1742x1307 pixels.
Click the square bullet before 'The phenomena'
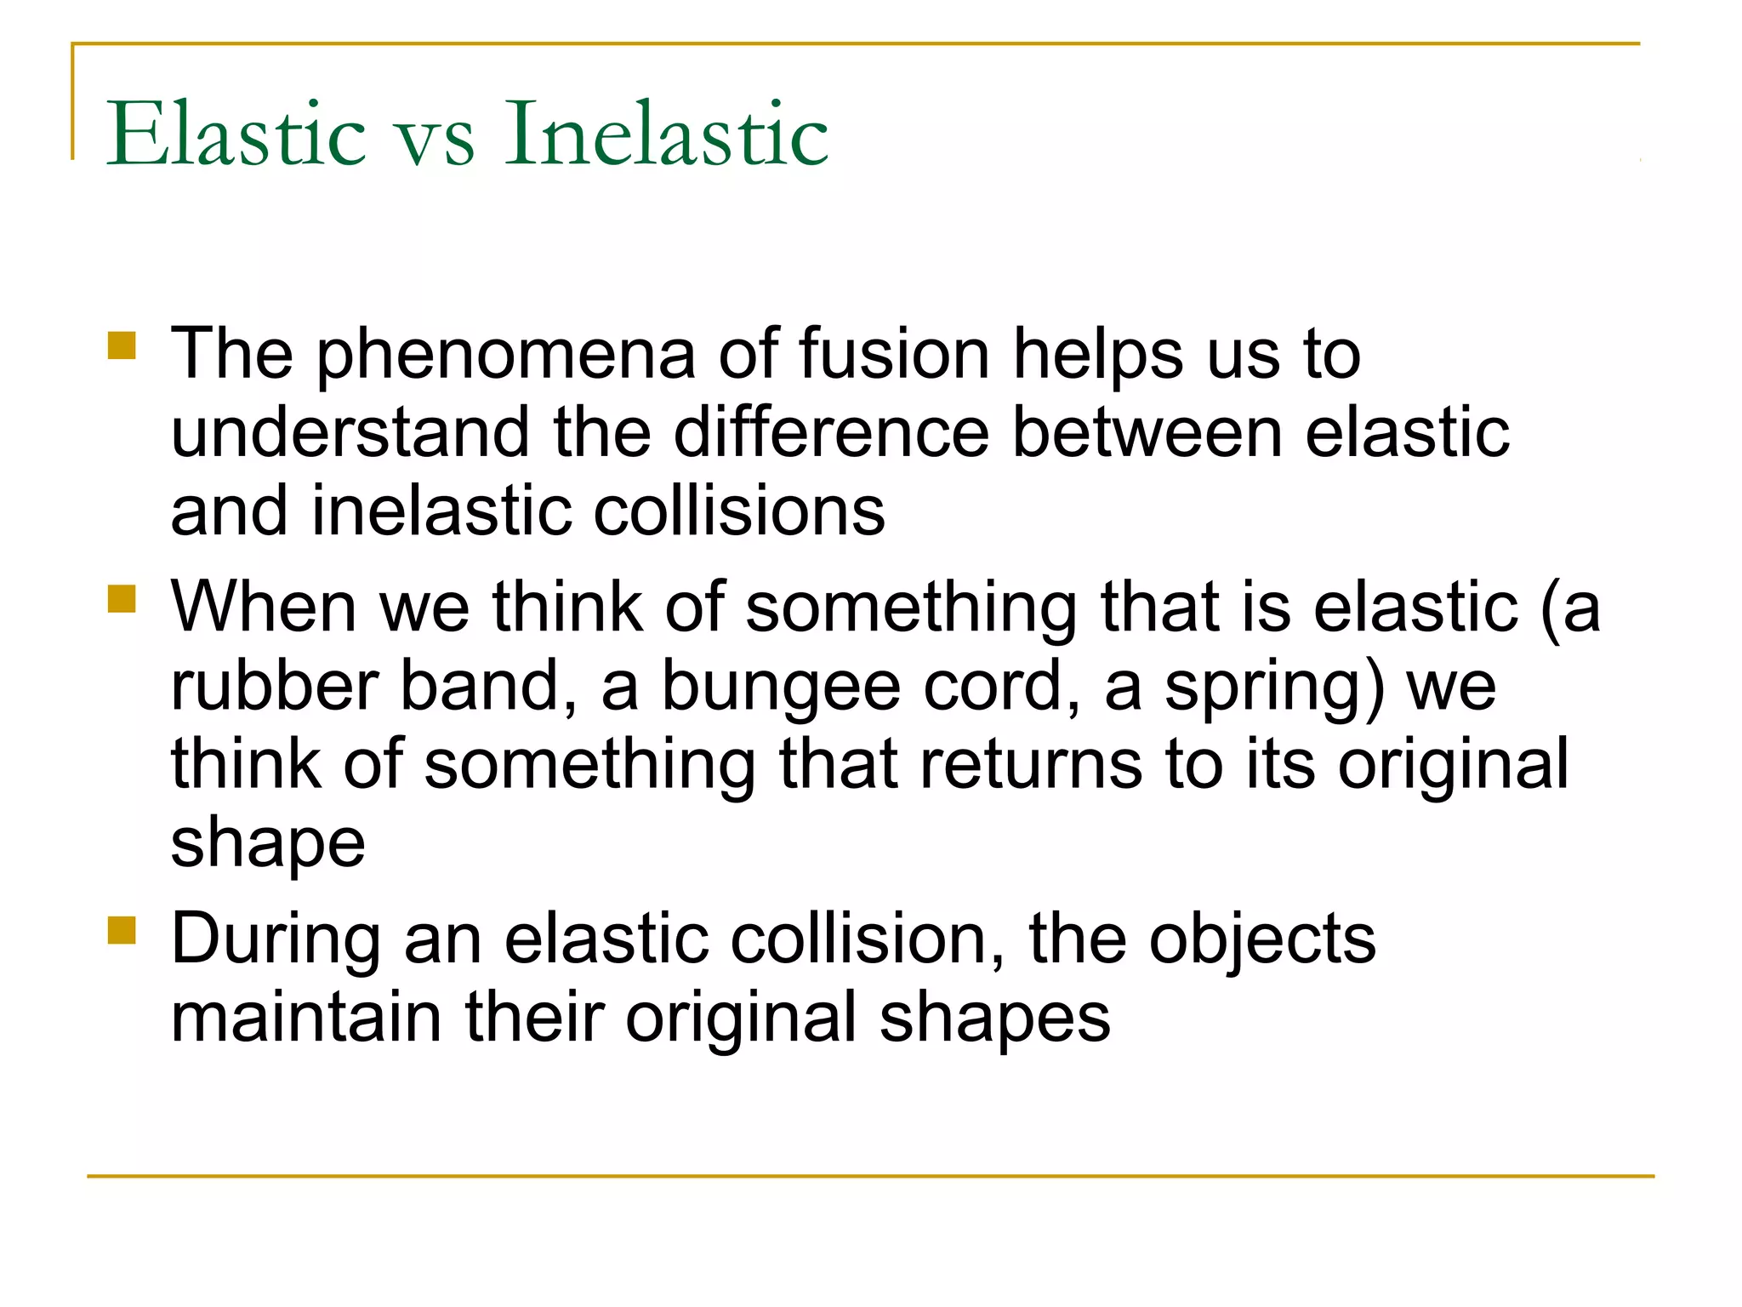tap(122, 346)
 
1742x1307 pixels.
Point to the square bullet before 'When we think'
tap(122, 598)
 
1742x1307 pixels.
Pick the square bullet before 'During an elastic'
tap(122, 931)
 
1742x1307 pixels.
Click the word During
tap(276, 939)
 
